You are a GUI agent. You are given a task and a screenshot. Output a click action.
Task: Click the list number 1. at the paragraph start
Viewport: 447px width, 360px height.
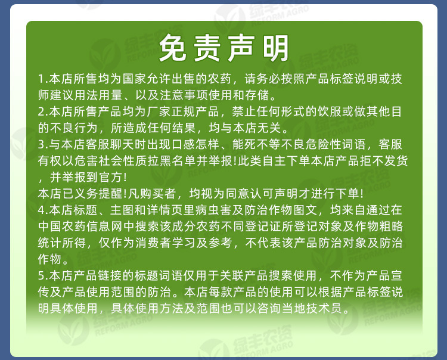pyautogui.click(x=42, y=79)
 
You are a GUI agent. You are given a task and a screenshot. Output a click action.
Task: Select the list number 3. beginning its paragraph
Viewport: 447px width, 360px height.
pyautogui.click(x=42, y=144)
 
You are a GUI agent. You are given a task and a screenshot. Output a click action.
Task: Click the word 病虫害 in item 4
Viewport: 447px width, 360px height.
pyautogui.click(x=213, y=210)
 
